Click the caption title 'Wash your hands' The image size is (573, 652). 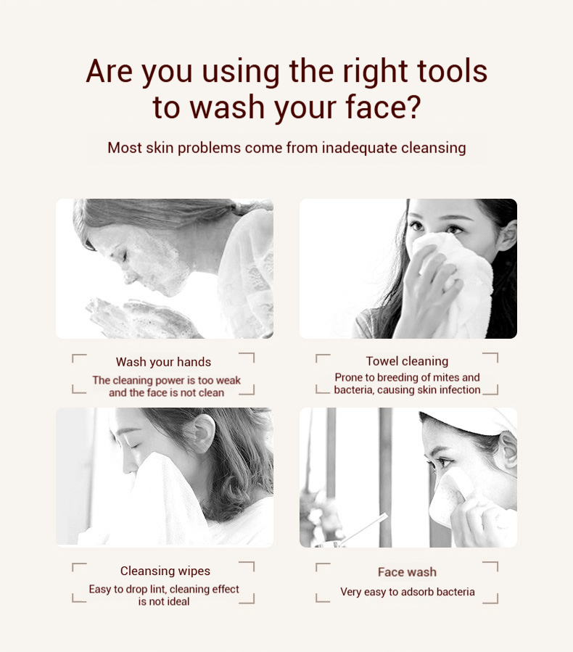click(163, 362)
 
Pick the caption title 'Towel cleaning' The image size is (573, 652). click(407, 361)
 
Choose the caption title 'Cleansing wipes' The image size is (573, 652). click(165, 571)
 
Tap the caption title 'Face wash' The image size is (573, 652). click(407, 572)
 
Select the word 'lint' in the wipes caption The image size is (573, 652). click(158, 589)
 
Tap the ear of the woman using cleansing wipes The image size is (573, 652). click(204, 433)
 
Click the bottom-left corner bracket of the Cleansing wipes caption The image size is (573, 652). click(79, 598)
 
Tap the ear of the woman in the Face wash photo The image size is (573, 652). click(508, 450)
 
